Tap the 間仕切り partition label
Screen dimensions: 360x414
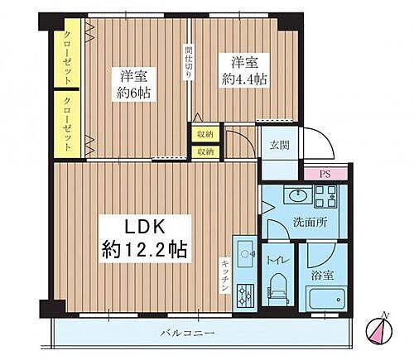189,63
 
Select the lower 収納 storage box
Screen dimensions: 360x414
205,151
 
